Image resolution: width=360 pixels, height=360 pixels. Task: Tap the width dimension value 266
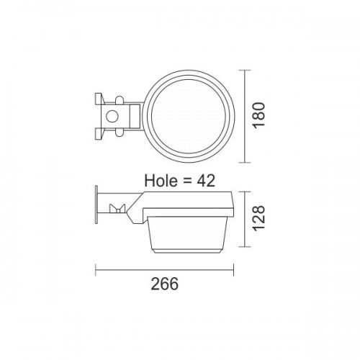(x=165, y=283)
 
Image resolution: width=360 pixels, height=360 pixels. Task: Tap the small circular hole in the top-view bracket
(x=112, y=115)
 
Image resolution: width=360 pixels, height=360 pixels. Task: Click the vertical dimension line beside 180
(x=248, y=115)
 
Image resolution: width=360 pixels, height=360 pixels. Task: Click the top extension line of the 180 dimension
(x=242, y=70)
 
